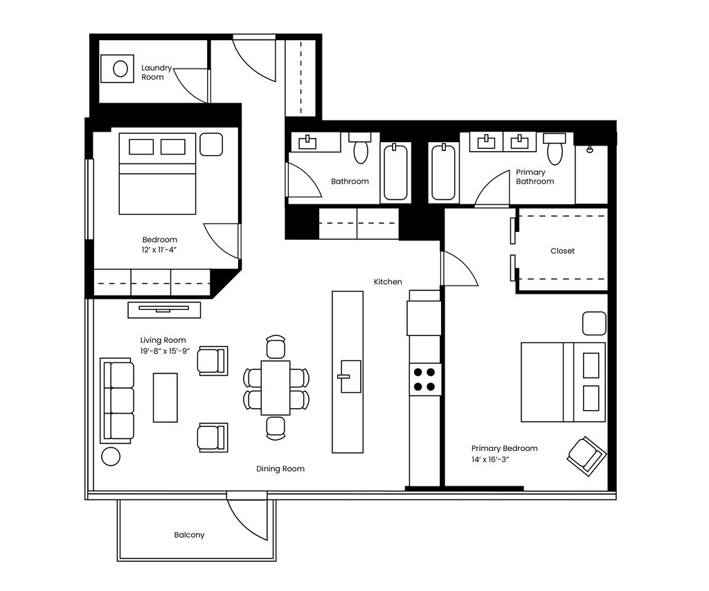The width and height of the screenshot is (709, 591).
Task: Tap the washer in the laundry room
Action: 120,69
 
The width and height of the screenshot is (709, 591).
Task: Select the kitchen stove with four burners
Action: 425,379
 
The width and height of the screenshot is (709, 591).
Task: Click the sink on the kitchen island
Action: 350,376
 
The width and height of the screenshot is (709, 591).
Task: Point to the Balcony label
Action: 189,535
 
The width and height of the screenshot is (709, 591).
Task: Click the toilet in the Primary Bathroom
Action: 555,148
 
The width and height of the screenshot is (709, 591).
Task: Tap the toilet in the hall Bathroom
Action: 361,148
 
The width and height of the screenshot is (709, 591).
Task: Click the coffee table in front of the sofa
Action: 165,397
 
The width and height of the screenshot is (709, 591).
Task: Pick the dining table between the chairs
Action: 275,387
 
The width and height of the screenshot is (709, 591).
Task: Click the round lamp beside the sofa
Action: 110,456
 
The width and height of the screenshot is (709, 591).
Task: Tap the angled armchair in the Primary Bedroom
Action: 586,455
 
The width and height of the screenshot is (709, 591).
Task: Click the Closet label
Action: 562,251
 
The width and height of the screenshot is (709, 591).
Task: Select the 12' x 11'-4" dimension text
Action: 160,251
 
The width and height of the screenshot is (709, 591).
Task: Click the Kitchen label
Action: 388,282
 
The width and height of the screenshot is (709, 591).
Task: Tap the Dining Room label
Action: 280,469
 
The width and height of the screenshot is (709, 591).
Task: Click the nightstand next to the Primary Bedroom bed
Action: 594,324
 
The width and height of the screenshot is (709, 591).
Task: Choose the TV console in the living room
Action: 164,309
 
